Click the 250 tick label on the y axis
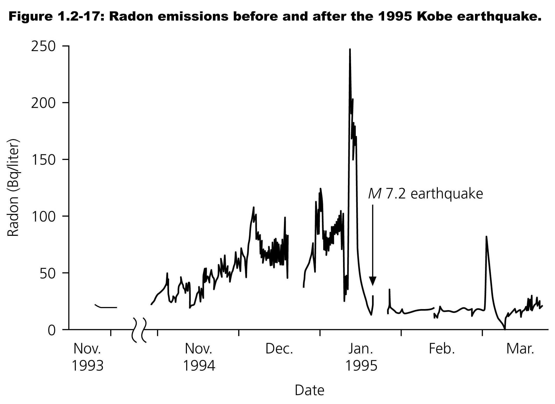click(43, 46)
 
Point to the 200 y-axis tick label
click(43, 103)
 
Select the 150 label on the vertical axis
click(43, 160)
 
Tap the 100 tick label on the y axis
click(43, 216)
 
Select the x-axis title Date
click(309, 390)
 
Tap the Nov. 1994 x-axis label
click(199, 357)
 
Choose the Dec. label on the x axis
click(279, 349)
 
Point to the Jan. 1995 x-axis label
click(361, 357)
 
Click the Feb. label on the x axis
click(442, 349)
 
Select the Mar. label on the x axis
click(520, 349)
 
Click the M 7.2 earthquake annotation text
click(425, 194)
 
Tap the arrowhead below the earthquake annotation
click(372, 281)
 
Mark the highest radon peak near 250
click(350, 50)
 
